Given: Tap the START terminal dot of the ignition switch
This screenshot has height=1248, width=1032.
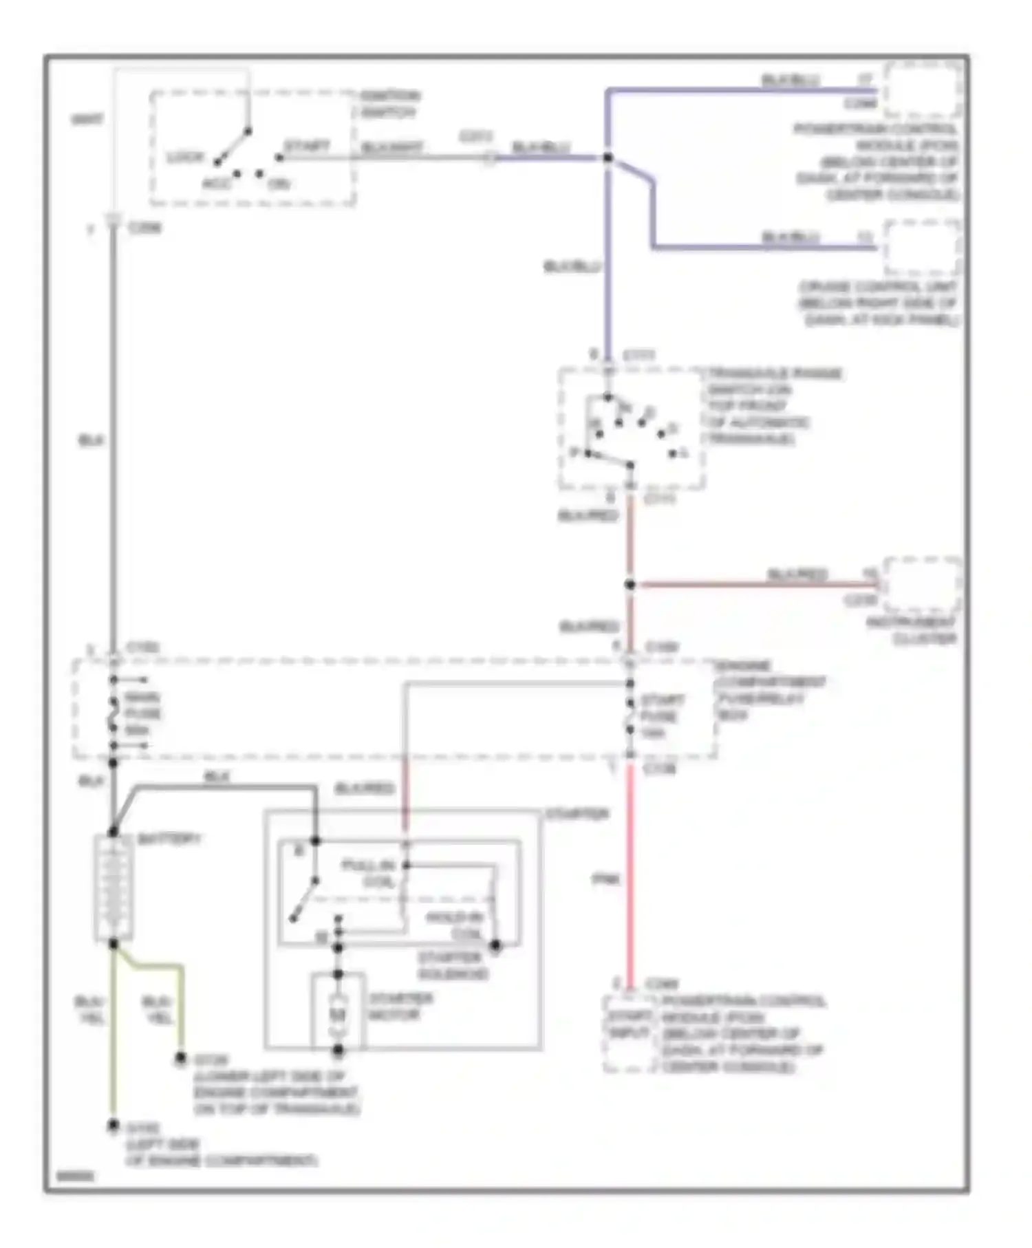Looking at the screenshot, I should tap(279, 158).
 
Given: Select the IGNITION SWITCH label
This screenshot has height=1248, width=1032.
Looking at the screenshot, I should tap(389, 103).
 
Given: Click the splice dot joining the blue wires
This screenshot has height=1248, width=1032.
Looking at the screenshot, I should tap(608, 158).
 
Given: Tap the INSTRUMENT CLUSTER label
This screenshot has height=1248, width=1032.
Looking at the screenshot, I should tap(911, 630).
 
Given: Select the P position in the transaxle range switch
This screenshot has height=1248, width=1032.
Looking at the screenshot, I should tap(575, 452).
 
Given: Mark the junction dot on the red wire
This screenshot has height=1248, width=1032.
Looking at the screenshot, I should tap(630, 585).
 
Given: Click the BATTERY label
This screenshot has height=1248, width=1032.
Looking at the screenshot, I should tap(169, 839).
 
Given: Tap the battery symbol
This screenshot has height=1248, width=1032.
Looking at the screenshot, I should tap(114, 887).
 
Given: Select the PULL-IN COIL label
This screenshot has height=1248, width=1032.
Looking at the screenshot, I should tap(369, 873).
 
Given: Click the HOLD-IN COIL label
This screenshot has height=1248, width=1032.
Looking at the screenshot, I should tap(454, 925).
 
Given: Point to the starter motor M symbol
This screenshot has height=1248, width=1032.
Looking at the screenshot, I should tap(337, 1014).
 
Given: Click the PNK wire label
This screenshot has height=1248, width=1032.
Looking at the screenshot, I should tap(605, 879).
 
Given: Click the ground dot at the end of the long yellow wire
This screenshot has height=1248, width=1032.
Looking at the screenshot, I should tap(113, 1126).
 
